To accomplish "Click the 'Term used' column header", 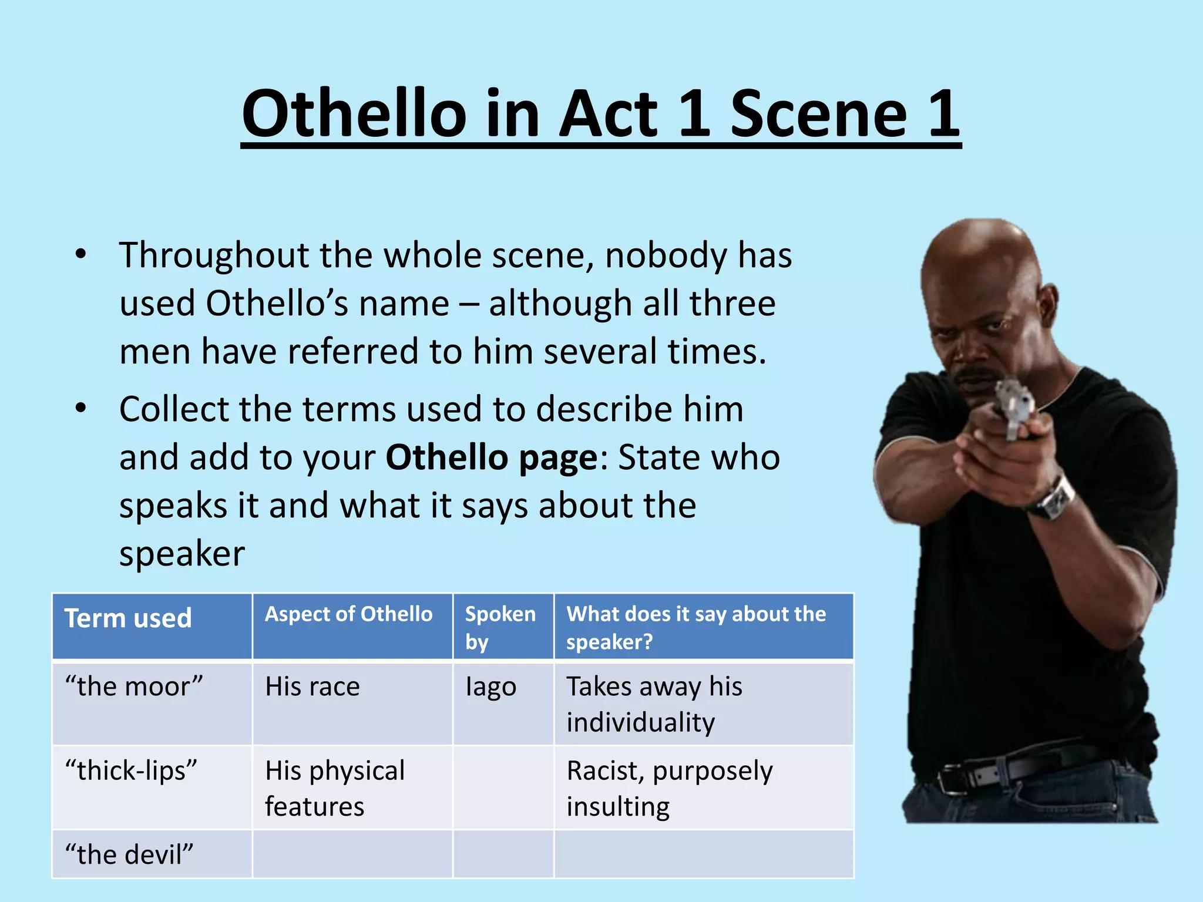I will coord(128,618).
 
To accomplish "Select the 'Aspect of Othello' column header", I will coord(349,614).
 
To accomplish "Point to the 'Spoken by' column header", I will coord(500,627).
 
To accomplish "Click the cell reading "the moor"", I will coord(134,686).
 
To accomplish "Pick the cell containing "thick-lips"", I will coord(131,770).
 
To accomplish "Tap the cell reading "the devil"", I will coord(129,854).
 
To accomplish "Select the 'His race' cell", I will coord(312,686).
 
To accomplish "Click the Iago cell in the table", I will coord(491,686).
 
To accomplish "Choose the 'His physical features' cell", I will coord(335,788).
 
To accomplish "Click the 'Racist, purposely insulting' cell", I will coord(670,788).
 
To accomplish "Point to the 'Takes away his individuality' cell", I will coord(654,704).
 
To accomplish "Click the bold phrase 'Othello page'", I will coord(491,457).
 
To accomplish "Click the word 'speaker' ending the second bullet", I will coord(182,554).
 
